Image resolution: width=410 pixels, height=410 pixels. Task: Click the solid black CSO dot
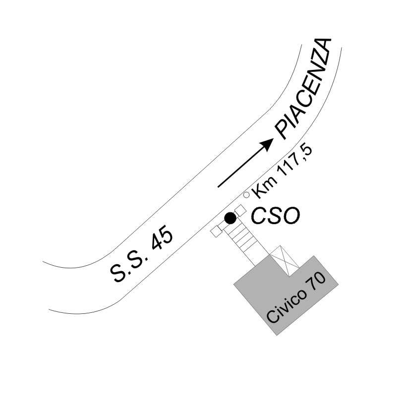point(231,218)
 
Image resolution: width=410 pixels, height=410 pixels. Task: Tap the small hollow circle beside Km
point(246,195)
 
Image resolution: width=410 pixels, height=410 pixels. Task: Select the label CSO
point(275,216)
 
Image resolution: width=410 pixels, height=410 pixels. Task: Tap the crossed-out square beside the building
point(285,261)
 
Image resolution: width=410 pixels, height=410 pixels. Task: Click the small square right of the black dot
point(240,211)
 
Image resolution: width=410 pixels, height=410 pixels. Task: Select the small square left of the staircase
point(217,232)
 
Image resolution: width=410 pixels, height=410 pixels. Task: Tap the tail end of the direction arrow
point(218,187)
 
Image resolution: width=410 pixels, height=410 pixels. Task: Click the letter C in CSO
point(258,216)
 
